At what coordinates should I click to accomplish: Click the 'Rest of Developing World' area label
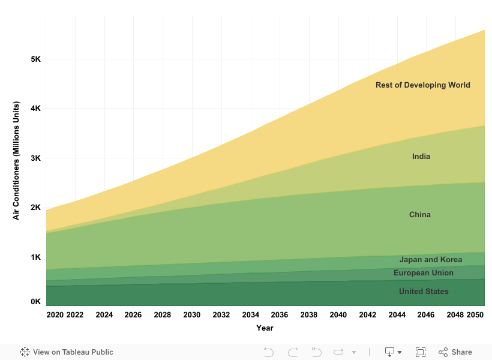click(x=422, y=85)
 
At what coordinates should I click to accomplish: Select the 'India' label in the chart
click(x=421, y=157)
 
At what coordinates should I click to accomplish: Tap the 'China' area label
click(x=419, y=215)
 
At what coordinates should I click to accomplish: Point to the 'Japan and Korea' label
click(x=430, y=260)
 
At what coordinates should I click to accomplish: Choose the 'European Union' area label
click(x=423, y=273)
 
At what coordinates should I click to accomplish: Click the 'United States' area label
click(x=423, y=292)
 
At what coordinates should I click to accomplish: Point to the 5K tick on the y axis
click(x=35, y=59)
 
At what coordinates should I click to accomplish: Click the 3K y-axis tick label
click(x=35, y=158)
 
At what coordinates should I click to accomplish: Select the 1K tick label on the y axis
click(x=35, y=257)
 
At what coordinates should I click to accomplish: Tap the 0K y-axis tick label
click(x=35, y=302)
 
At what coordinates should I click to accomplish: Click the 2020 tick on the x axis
click(x=55, y=315)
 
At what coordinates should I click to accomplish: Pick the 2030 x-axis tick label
click(x=192, y=315)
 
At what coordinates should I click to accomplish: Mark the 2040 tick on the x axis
click(x=338, y=315)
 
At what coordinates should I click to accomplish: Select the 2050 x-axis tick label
click(x=475, y=315)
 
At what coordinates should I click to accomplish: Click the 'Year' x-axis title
click(x=265, y=328)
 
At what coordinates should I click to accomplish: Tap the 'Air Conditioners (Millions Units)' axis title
click(x=17, y=161)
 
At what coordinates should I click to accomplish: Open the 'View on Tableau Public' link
click(x=67, y=352)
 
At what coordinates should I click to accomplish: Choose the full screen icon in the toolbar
click(x=421, y=352)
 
